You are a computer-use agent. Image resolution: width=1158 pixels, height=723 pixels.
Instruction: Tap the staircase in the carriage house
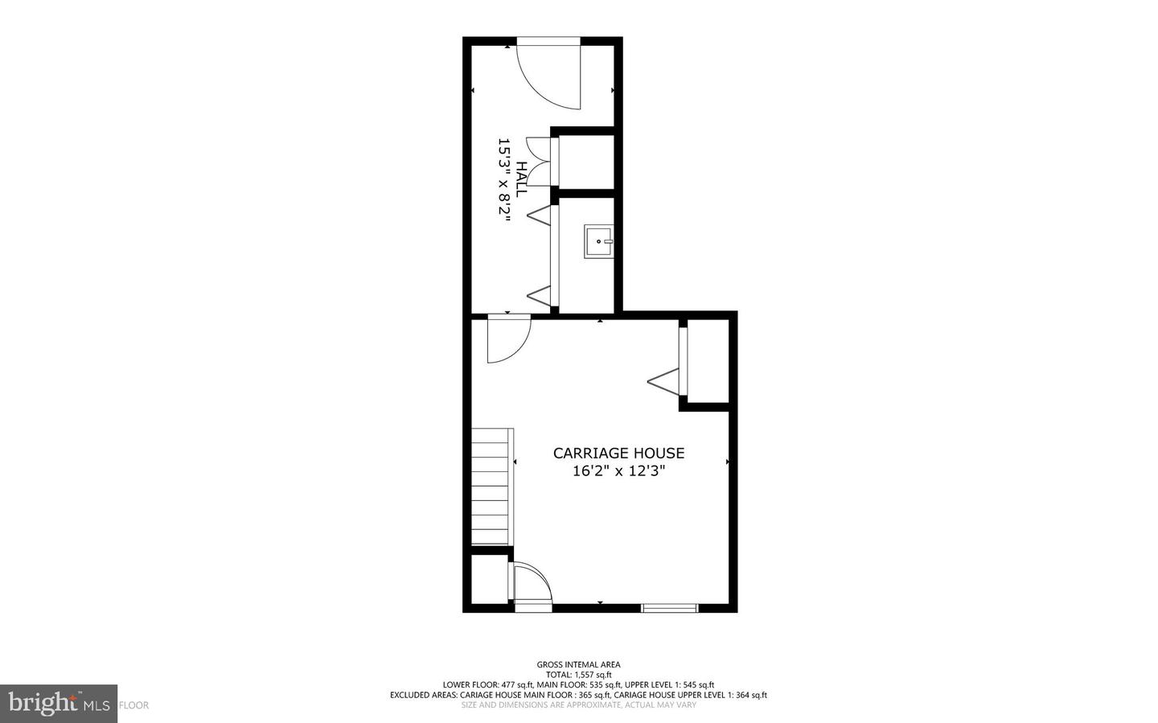click(x=490, y=487)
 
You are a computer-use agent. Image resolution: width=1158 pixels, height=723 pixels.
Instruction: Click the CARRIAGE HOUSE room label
click(x=618, y=454)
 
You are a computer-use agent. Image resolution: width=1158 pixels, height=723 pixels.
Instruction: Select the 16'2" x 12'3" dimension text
click(x=618, y=471)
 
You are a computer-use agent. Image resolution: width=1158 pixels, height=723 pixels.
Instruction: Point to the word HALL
click(x=521, y=179)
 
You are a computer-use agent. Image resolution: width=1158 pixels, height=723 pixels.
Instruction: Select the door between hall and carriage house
click(x=507, y=338)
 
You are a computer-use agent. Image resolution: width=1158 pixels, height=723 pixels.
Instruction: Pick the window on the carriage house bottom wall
click(x=669, y=608)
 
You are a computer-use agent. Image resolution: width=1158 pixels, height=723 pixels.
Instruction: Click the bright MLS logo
click(x=59, y=704)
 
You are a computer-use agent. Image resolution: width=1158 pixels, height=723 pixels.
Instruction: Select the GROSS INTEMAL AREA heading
click(x=578, y=665)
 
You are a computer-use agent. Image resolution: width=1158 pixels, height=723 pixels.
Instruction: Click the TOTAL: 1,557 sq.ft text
click(x=578, y=675)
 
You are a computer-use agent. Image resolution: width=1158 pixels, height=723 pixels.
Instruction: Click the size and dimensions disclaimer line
click(x=578, y=705)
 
